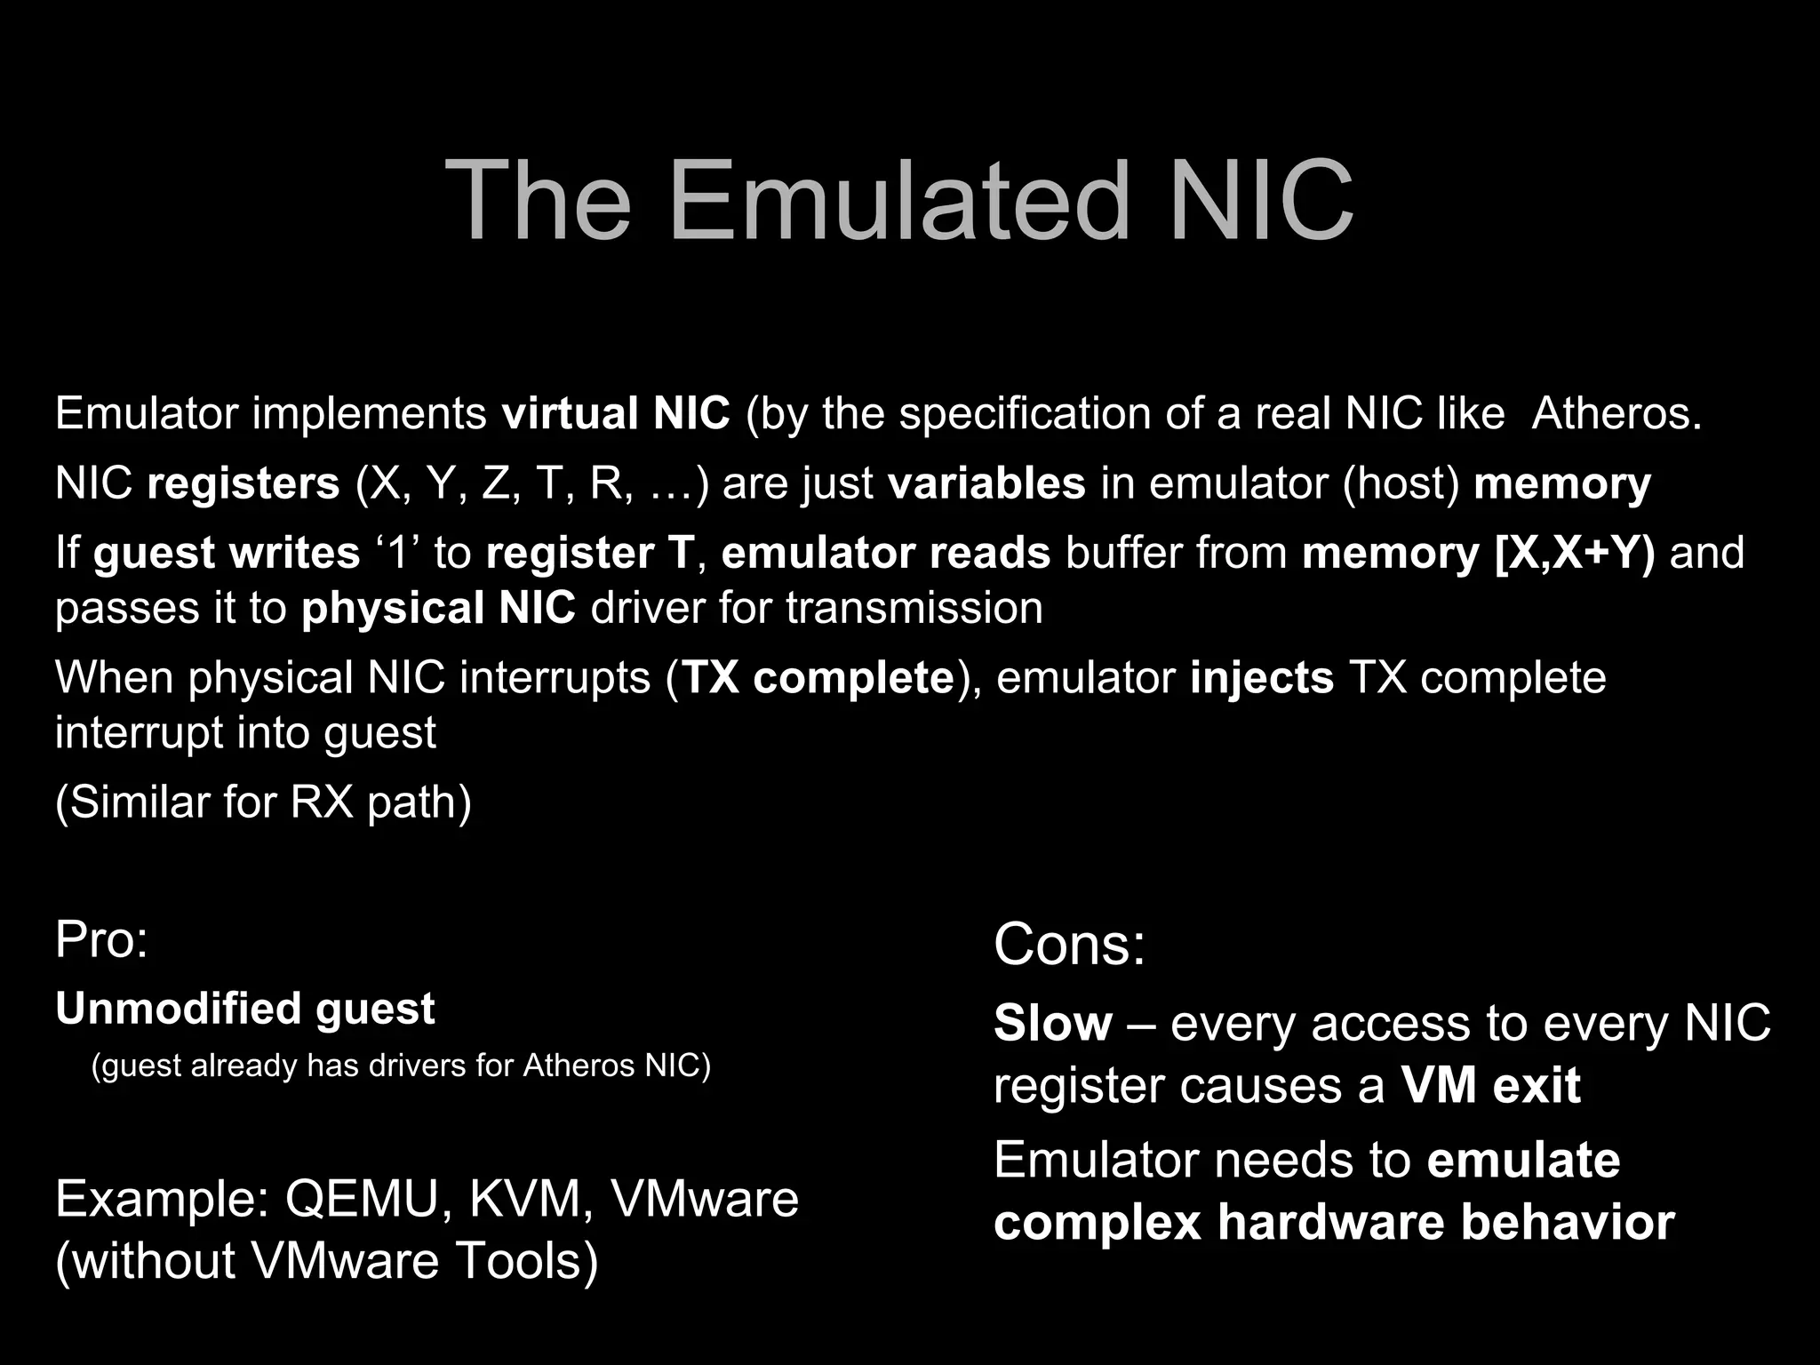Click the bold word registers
coord(243,484)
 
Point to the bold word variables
coord(986,484)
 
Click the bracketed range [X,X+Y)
coord(1575,553)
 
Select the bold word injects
coord(1262,678)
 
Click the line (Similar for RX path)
coord(263,802)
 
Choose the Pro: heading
coord(101,940)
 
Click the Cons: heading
coord(1069,944)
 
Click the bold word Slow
coord(1052,1024)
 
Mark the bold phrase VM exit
coord(1490,1086)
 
